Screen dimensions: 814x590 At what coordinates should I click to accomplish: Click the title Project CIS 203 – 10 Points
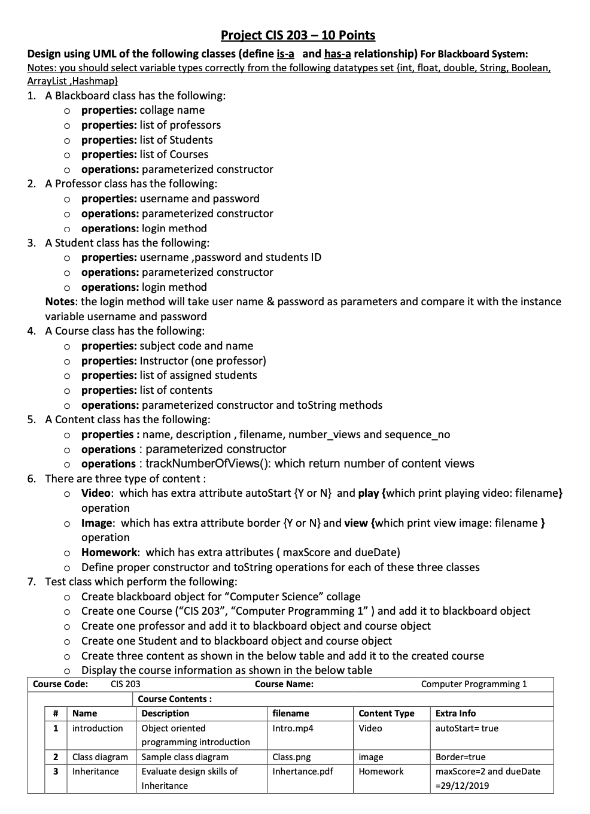point(298,35)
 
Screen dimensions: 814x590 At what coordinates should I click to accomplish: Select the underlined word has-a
point(337,54)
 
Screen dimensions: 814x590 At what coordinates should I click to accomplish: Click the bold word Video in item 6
point(96,493)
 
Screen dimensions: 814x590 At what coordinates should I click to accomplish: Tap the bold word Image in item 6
point(97,523)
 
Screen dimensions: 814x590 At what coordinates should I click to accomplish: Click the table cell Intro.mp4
point(293,728)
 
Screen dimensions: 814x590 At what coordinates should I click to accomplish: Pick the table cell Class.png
point(291,757)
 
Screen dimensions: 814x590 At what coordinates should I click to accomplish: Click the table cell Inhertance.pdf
point(302,772)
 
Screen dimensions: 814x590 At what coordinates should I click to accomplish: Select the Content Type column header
point(386,713)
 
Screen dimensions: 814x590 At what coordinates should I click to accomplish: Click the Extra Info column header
point(455,713)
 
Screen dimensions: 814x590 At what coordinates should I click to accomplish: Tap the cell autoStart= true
point(467,728)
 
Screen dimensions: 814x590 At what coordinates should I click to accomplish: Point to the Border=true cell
point(460,757)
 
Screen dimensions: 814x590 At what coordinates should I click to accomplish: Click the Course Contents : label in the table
point(175,699)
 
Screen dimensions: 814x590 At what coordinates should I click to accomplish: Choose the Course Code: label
point(60,684)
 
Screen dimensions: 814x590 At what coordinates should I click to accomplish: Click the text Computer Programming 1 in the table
point(474,684)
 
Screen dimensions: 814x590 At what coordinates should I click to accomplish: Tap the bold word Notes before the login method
point(60,302)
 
